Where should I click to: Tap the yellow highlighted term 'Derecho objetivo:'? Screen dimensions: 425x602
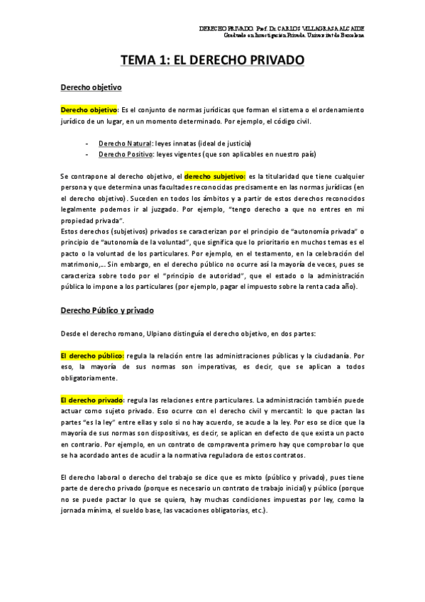[89, 110]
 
